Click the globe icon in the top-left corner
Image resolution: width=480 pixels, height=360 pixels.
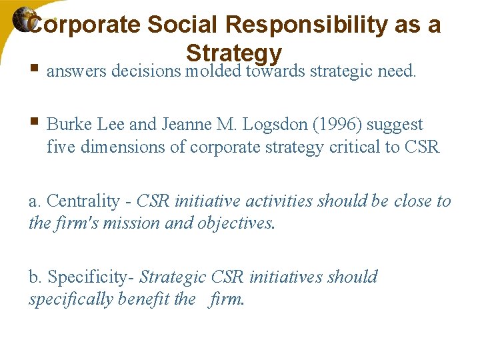[23, 21]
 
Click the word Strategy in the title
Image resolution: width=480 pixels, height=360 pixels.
[234, 53]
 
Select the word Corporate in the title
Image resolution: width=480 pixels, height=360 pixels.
[85, 25]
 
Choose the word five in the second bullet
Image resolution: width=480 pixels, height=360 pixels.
[61, 147]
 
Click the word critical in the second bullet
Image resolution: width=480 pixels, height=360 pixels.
[355, 147]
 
